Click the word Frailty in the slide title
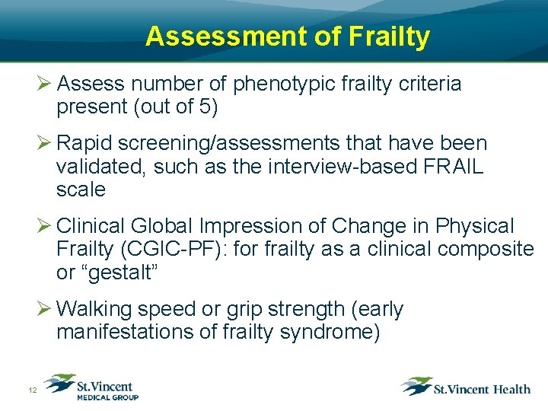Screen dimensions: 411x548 [x=393, y=36]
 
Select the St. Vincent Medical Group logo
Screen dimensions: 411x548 [x=91, y=387]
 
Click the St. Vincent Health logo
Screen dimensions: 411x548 [x=466, y=387]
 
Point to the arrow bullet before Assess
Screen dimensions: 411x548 [x=44, y=84]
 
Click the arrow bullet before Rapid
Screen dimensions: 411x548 [x=44, y=143]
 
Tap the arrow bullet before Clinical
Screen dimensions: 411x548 [x=44, y=226]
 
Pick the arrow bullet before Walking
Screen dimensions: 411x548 [x=44, y=309]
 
